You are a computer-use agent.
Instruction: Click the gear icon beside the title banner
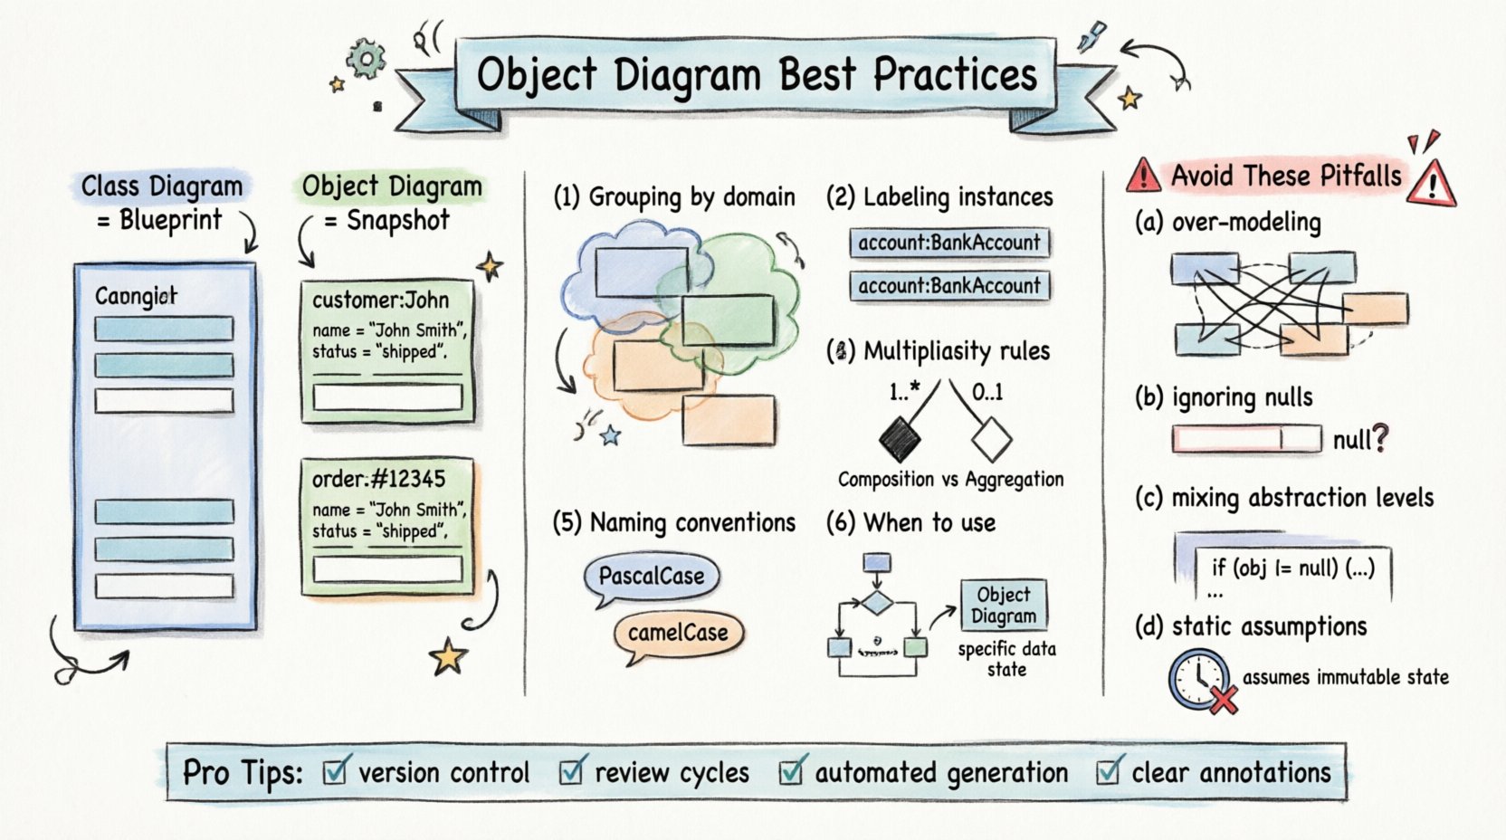367,60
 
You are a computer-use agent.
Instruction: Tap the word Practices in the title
955,75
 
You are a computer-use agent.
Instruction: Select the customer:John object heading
380,300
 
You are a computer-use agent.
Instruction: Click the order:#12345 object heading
379,479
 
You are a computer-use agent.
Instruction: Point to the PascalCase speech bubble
652,577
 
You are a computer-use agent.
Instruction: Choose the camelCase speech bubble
678,633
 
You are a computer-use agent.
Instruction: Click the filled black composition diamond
900,439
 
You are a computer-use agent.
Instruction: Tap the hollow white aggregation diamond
991,439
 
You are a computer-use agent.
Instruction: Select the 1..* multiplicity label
904,391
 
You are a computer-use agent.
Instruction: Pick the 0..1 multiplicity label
987,392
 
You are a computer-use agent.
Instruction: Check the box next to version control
335,771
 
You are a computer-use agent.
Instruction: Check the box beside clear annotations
1108,771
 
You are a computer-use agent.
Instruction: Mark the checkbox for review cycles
571,771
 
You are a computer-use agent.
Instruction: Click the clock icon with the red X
1199,680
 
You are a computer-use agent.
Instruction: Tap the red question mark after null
1379,439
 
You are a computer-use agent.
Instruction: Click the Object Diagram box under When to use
1004,605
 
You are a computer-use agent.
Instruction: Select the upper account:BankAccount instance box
949,243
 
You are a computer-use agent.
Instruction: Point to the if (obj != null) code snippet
1292,568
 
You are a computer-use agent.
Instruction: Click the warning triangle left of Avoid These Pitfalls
1143,175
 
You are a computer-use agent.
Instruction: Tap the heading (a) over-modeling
1228,222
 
